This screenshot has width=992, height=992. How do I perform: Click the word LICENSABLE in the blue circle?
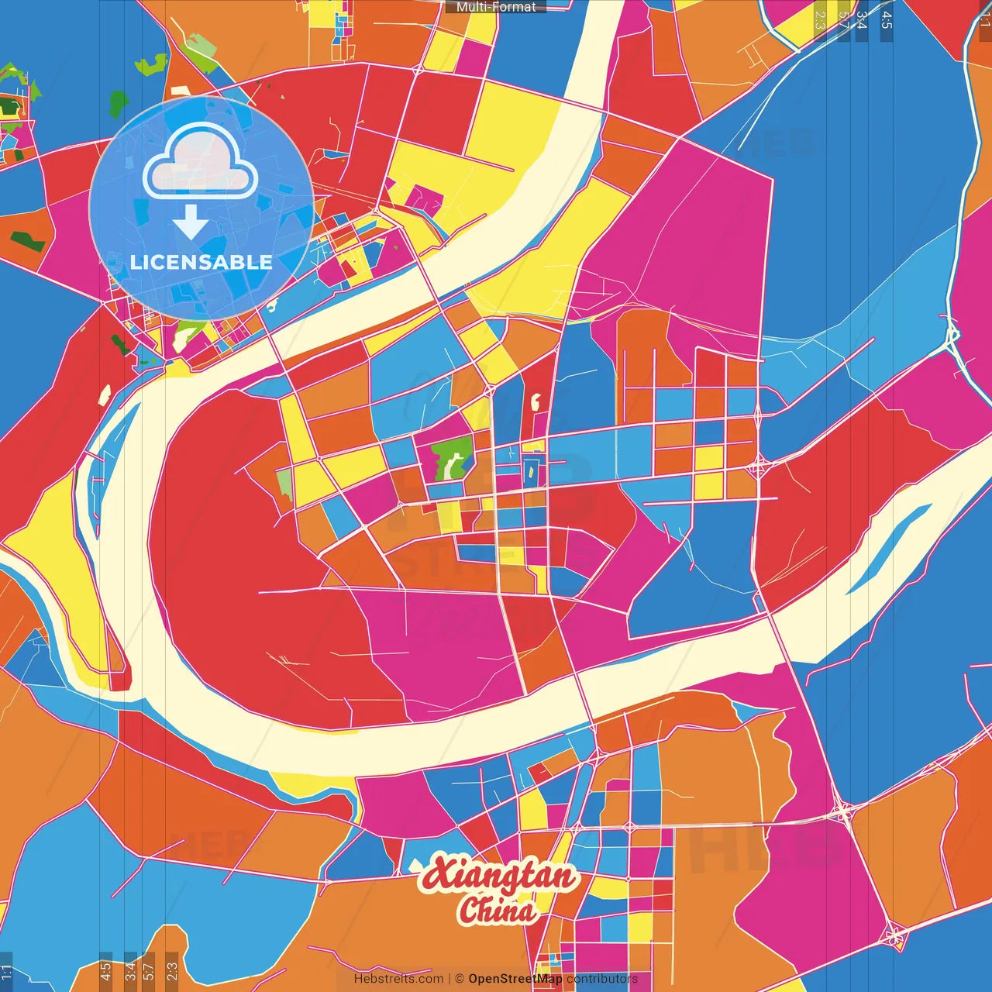coord(201,262)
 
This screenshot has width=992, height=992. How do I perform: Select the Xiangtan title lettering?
coord(500,876)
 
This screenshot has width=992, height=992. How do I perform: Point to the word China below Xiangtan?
coord(497,911)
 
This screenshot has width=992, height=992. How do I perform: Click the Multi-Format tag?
coord(496,7)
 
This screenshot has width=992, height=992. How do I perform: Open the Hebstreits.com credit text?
coord(398,979)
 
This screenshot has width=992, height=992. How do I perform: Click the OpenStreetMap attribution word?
coord(515,979)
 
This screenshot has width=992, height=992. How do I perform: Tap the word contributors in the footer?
coord(602,979)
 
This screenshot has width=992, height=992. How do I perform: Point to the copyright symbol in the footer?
coord(460,979)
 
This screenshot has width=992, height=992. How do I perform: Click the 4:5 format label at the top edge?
coord(886,20)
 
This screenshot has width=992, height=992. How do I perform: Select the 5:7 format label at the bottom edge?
coord(148,970)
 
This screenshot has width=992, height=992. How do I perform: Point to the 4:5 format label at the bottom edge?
coord(105,970)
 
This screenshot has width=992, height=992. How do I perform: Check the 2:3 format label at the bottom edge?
coord(172,970)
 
